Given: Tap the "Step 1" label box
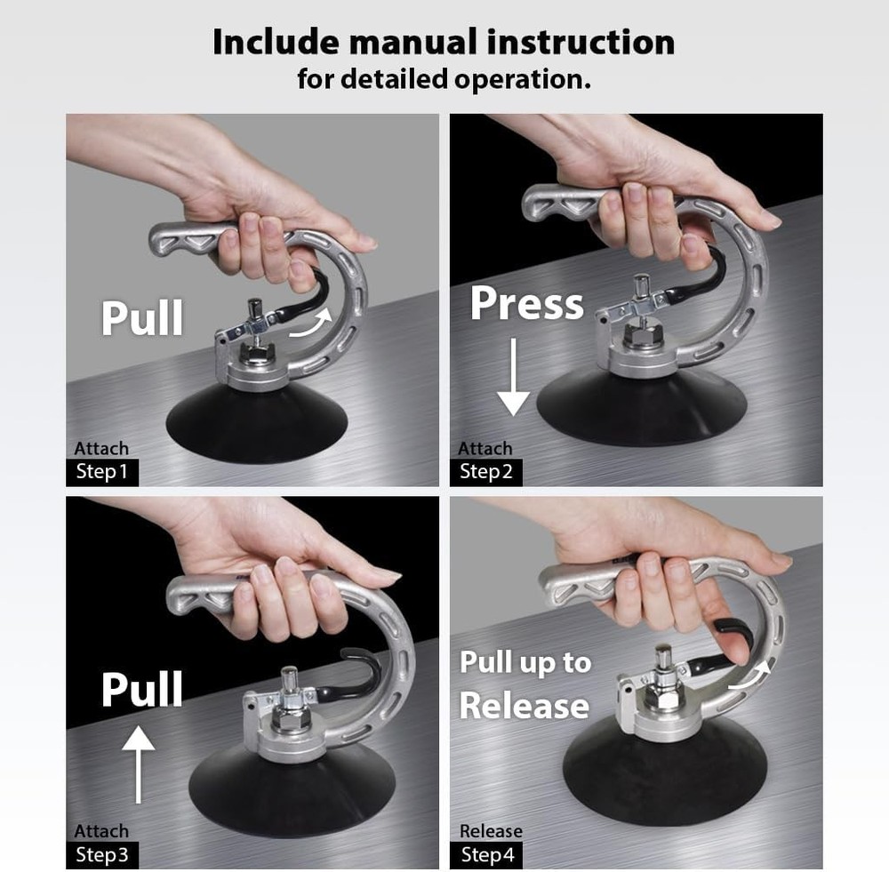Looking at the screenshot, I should click(x=102, y=471).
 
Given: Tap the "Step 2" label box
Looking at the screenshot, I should click(x=486, y=471).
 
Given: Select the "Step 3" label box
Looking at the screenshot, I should click(x=102, y=855).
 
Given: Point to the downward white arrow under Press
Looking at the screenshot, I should click(x=513, y=382).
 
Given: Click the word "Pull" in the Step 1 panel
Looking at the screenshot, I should click(x=142, y=317).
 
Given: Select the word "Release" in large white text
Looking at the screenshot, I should click(x=524, y=706).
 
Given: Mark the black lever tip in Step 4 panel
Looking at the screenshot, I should click(x=731, y=633).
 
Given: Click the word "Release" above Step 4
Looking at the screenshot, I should click(x=491, y=831).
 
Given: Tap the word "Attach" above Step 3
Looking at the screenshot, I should click(x=101, y=831).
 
